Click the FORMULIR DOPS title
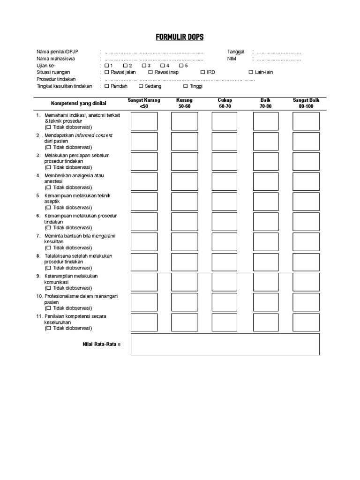(180, 37)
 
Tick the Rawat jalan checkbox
(107, 73)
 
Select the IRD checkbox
(202, 73)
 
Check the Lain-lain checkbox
(251, 73)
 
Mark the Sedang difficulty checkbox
(141, 86)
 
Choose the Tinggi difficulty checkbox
(185, 86)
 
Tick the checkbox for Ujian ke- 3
(144, 66)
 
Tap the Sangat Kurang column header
(144, 103)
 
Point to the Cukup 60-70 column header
(225, 103)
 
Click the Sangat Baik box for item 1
(306, 121)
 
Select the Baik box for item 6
(265, 222)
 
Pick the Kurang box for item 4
(184, 181)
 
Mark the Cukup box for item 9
(225, 282)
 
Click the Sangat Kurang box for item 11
(144, 322)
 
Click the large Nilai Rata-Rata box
(225, 345)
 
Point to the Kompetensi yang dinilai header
(79, 104)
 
